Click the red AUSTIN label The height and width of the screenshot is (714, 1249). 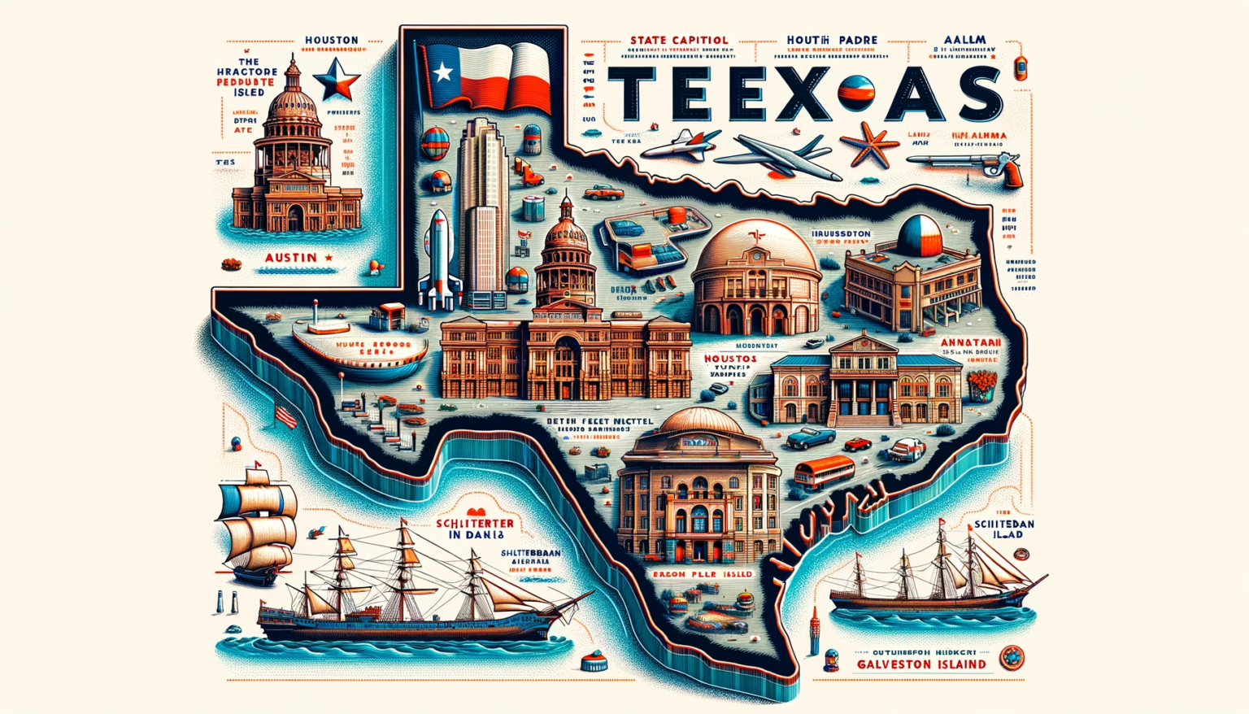291,257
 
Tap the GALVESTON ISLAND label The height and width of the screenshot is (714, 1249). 921,664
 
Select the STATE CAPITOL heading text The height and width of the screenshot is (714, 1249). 679,40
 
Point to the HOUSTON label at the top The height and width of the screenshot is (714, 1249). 331,40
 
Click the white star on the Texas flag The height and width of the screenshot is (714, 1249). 443,73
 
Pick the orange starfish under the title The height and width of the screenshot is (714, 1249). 869,146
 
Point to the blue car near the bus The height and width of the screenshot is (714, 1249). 810,438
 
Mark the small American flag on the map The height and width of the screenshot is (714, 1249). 286,416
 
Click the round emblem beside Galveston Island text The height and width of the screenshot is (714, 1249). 1012,657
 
